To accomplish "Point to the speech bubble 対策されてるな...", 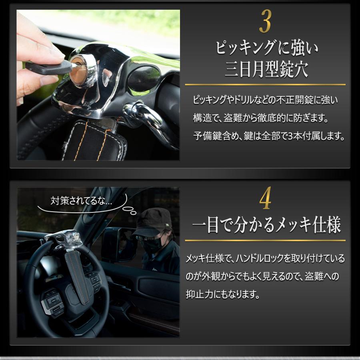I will tap(82, 201).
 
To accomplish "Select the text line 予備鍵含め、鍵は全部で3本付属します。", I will tap(265, 136).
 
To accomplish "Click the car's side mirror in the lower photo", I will tap(117, 245).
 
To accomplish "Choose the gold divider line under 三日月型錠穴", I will tap(265, 85).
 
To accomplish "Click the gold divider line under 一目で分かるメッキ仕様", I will tap(265, 240).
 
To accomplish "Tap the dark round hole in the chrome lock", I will tap(143, 78).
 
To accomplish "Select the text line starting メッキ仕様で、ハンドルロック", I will tap(265, 258).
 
